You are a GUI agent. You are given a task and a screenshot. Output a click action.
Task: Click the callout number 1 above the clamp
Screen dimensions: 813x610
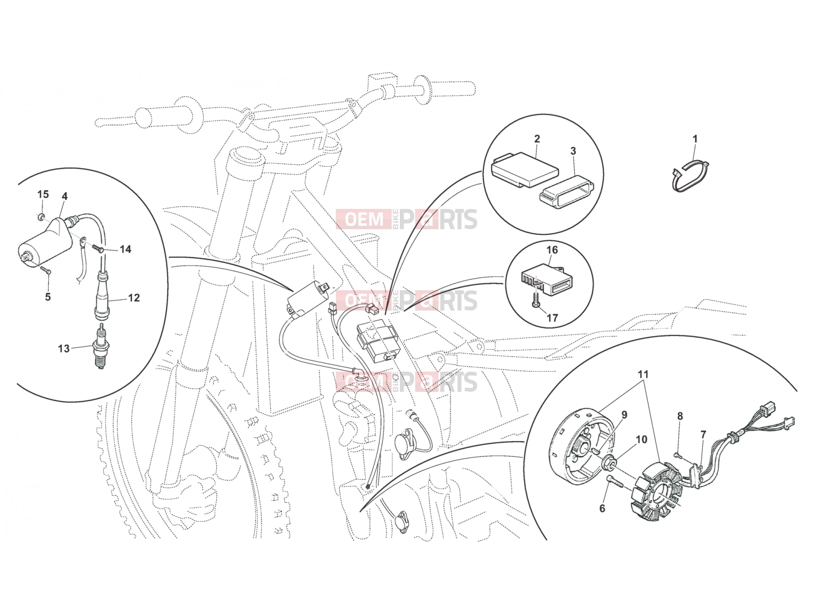tap(695, 139)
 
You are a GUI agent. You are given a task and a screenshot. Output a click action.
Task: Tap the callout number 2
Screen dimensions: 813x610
tap(537, 139)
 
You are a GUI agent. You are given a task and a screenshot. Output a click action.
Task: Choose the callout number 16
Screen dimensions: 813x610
tap(552, 250)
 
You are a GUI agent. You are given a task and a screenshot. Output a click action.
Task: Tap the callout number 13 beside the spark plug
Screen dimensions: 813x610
tap(64, 349)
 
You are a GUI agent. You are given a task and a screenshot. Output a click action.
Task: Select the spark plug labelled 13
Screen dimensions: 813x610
tap(99, 346)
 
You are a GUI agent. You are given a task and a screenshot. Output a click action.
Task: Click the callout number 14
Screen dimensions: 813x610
tap(126, 249)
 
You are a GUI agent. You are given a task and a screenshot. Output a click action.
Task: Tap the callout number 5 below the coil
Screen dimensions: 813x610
tap(48, 297)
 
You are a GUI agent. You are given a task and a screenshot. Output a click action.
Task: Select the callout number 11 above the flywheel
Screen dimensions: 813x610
tap(643, 375)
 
